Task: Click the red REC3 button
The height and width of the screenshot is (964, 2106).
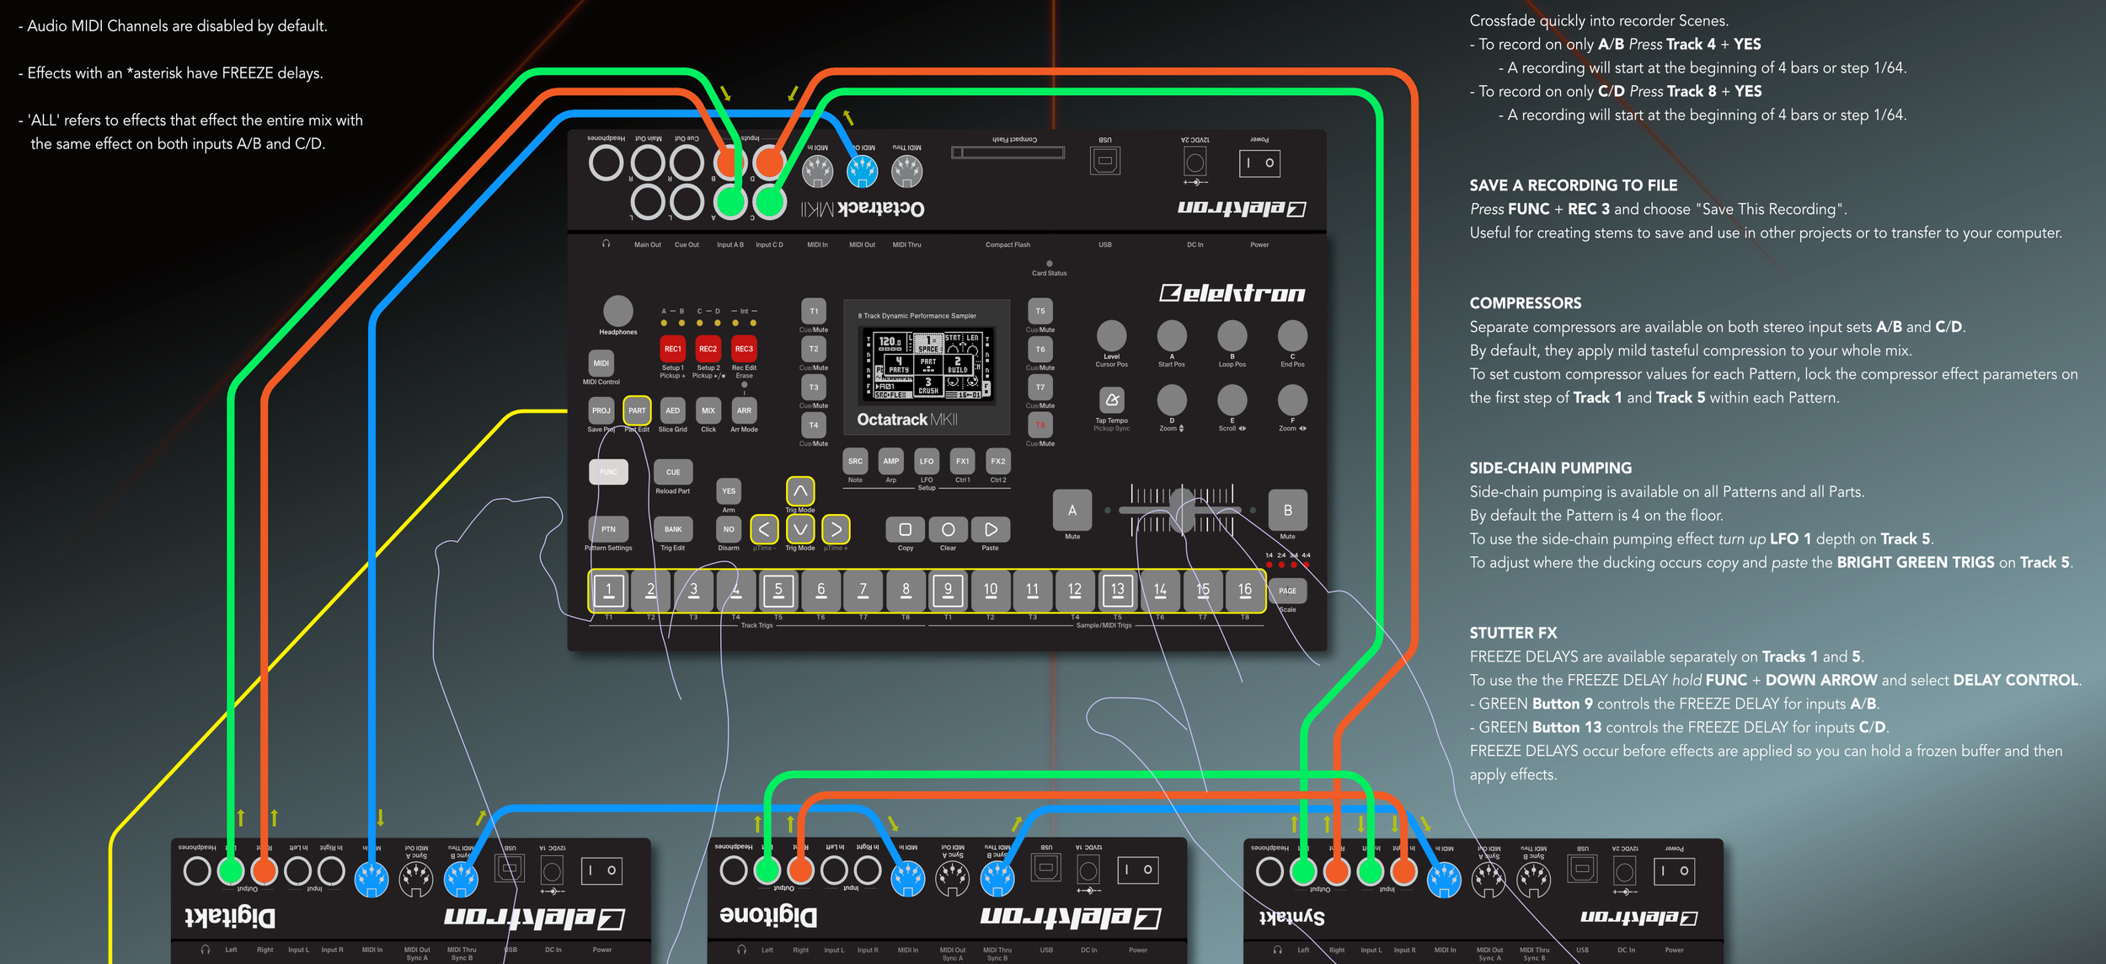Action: [x=744, y=349]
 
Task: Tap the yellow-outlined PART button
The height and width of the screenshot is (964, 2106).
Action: [x=637, y=410]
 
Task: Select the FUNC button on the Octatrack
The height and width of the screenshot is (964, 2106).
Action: [x=608, y=472]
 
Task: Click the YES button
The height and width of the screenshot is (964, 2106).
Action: [x=729, y=490]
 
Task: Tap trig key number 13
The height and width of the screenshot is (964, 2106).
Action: [x=1117, y=590]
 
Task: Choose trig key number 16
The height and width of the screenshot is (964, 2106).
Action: [x=1244, y=590]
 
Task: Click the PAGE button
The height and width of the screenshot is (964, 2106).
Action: [x=1287, y=591]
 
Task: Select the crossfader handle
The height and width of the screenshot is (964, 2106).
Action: [x=1182, y=509]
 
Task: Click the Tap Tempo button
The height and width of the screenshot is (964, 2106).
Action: [x=1111, y=399]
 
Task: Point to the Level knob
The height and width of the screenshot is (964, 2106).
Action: [x=1111, y=335]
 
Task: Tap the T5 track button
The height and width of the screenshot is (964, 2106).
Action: [x=1040, y=311]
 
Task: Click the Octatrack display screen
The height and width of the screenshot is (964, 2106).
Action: [x=927, y=363]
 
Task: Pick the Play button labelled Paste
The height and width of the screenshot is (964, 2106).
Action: [x=991, y=529]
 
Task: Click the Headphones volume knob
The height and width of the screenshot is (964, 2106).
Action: [x=617, y=310]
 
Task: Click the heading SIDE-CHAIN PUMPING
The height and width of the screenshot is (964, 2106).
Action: [x=1550, y=468]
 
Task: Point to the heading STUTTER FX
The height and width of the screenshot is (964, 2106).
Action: [x=1513, y=633]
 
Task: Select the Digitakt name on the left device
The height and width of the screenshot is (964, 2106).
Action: [x=230, y=917]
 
